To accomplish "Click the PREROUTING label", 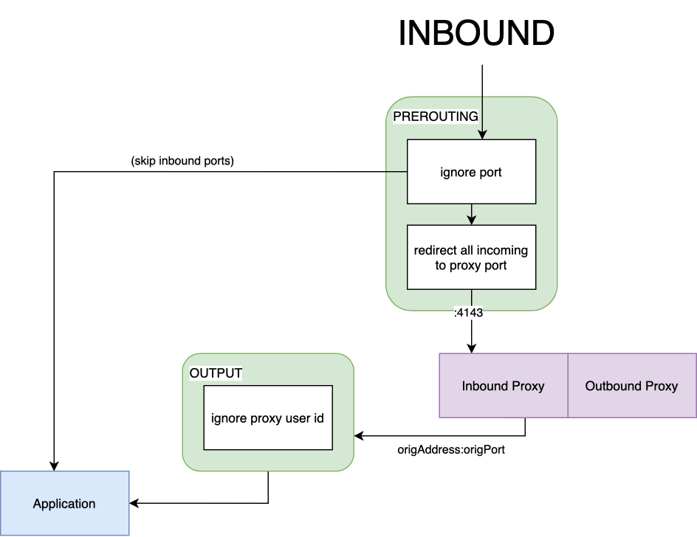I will click(x=435, y=117).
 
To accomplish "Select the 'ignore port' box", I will click(x=471, y=172).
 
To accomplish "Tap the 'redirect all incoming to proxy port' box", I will click(x=471, y=257).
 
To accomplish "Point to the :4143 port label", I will click(x=467, y=313).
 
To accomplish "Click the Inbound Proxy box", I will click(x=503, y=386).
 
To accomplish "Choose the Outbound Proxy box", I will click(x=631, y=386).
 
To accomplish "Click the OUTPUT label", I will click(x=216, y=373).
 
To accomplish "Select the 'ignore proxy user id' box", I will click(x=267, y=418).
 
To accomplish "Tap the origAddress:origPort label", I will click(x=451, y=449).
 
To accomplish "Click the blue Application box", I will click(x=64, y=504).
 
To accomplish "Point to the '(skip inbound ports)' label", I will click(x=182, y=162).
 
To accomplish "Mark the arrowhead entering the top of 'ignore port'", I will click(x=481, y=134).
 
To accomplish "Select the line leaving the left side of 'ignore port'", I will click(x=396, y=172).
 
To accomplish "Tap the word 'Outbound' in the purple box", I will click(x=613, y=386).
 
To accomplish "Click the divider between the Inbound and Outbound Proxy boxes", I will click(x=568, y=386).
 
